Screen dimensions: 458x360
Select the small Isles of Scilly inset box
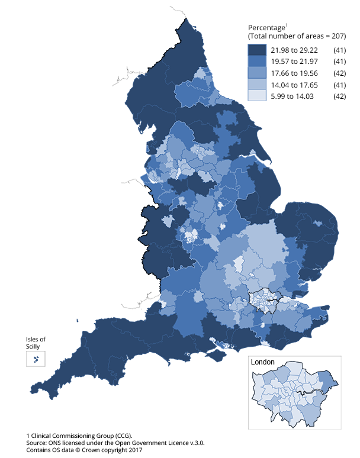pyautogui.click(x=36, y=359)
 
